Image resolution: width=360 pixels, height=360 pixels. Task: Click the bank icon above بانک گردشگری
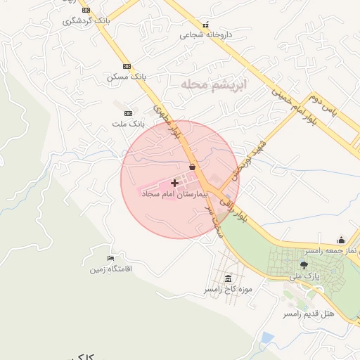tap(86, 11)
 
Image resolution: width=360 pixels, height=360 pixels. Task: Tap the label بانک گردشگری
tap(87, 20)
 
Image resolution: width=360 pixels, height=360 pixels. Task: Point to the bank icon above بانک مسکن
tap(126, 66)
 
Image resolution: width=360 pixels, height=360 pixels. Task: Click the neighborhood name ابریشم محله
tap(215, 85)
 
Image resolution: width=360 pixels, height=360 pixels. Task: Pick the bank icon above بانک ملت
tap(128, 113)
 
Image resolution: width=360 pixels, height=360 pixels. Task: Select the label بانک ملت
tap(127, 123)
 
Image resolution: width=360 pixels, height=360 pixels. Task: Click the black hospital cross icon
tap(175, 182)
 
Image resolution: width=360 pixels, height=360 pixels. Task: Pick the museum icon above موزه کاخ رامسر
tap(227, 278)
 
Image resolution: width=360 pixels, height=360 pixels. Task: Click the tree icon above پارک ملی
tap(304, 265)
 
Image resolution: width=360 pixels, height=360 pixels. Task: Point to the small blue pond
tap(266, 338)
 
